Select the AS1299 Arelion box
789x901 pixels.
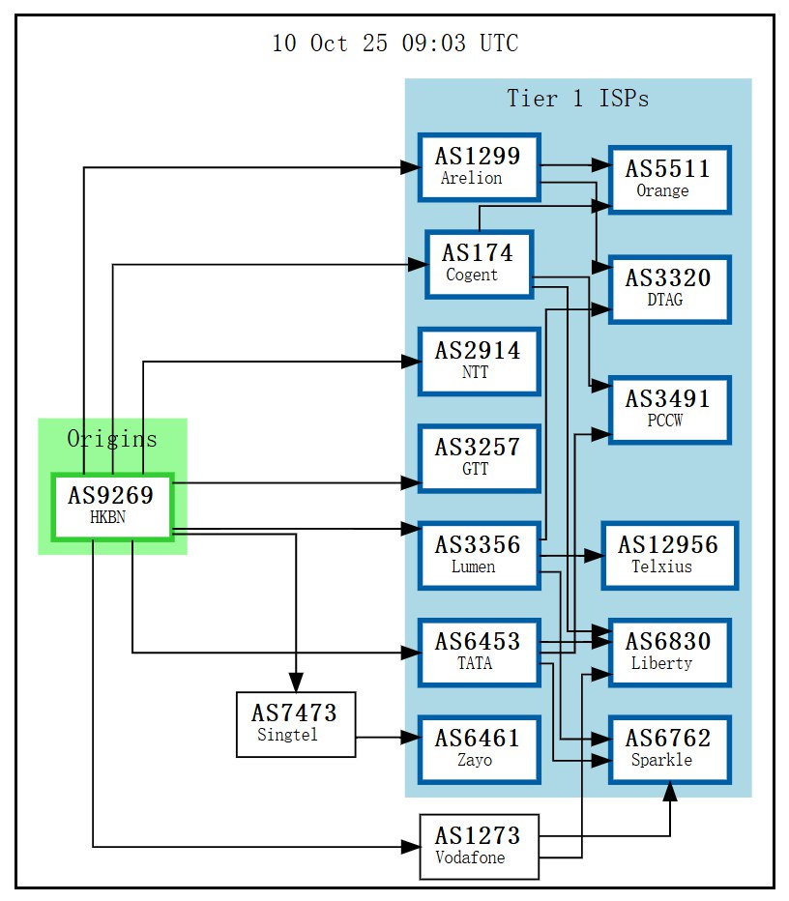pyautogui.click(x=479, y=166)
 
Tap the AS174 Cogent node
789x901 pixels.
pyautogui.click(x=479, y=263)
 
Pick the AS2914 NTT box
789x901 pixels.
pyautogui.click(x=479, y=361)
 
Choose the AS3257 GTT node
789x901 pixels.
pyautogui.click(x=479, y=457)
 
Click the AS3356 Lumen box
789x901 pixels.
pyautogui.click(x=479, y=555)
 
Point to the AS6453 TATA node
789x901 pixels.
pyautogui.click(x=479, y=652)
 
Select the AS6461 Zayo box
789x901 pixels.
pyautogui.click(x=479, y=748)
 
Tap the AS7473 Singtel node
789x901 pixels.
pyautogui.click(x=296, y=724)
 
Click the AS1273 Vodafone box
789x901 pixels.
pyautogui.click(x=479, y=846)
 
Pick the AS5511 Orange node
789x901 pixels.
pyautogui.click(x=668, y=179)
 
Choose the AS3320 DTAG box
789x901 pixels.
pyautogui.click(x=668, y=288)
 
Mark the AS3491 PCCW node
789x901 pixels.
pyautogui.click(x=668, y=409)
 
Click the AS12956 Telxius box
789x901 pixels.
pyautogui.click(x=668, y=555)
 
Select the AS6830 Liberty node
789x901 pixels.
pyautogui.click(x=668, y=652)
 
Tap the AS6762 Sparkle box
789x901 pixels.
pyautogui.click(x=668, y=748)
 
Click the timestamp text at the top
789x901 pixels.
pyautogui.click(x=394, y=44)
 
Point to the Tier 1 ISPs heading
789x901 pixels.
pyautogui.click(x=577, y=99)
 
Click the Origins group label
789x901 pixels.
pyautogui.click(x=112, y=439)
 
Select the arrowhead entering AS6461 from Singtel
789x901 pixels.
pyautogui.click(x=411, y=739)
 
